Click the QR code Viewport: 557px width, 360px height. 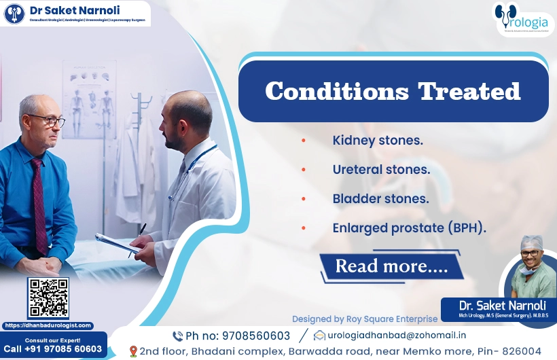point(48,298)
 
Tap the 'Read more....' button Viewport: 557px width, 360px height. point(391,266)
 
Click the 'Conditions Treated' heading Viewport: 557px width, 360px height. point(393,91)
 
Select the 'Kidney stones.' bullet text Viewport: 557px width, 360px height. point(378,141)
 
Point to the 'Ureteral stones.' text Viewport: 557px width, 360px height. point(381,170)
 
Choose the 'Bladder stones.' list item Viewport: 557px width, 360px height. point(380,199)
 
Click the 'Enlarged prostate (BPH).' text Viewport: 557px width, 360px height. point(409,228)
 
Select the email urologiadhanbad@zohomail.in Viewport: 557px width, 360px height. point(397,335)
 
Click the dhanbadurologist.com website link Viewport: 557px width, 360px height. point(48,325)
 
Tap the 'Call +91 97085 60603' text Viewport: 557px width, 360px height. point(53,349)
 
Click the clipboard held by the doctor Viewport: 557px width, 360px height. point(115,242)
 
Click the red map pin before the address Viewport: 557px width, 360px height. point(133,351)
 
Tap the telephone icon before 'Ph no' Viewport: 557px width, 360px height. point(177,336)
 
